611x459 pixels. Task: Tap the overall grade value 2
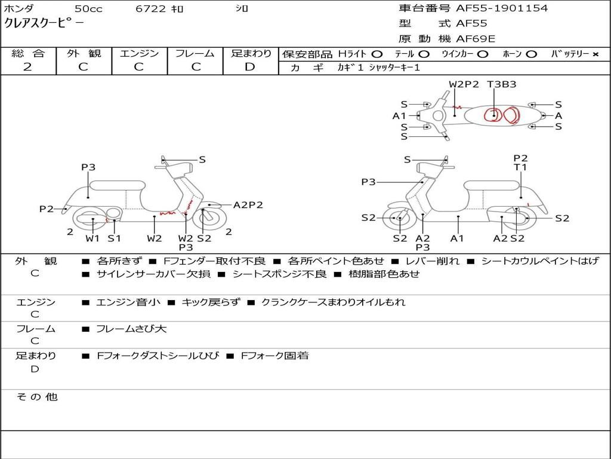(x=27, y=67)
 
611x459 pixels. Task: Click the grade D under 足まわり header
(x=250, y=67)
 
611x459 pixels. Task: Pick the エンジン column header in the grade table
(x=139, y=54)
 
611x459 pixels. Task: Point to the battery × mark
(x=595, y=54)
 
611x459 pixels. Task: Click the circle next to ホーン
(x=532, y=54)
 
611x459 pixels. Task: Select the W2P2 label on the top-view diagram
(x=464, y=84)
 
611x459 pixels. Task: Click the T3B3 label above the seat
(x=501, y=84)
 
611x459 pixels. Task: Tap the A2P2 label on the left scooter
(x=248, y=205)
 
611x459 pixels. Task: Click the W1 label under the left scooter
(x=92, y=238)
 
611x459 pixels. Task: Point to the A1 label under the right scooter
(x=458, y=238)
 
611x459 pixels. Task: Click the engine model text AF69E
(x=476, y=39)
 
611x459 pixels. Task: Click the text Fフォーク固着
(x=274, y=356)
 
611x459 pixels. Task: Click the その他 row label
(x=36, y=397)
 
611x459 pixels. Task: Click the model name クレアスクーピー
(x=44, y=23)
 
